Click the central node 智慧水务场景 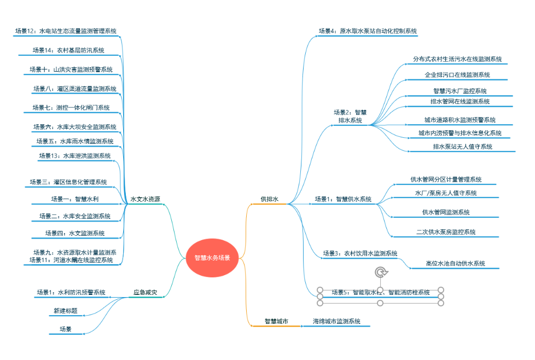[212, 257]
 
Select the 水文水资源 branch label [145, 200]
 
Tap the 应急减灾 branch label [145, 293]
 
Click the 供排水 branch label [269, 200]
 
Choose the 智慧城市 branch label [276, 322]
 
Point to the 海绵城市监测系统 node [336, 322]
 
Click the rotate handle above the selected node [381, 272]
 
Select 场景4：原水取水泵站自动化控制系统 [368, 31]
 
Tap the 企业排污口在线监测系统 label [457, 75]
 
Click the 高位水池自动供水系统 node [455, 264]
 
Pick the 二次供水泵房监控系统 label [446, 232]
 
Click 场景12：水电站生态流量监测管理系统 [66, 31]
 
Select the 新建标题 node [65, 311]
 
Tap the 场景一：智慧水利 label [75, 199]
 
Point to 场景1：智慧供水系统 [343, 199]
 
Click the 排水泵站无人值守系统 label [462, 147]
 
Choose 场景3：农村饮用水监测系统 [360, 253]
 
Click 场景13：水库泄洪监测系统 [75, 156]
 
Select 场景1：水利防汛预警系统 [71, 293]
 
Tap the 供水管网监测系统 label [445, 212]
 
